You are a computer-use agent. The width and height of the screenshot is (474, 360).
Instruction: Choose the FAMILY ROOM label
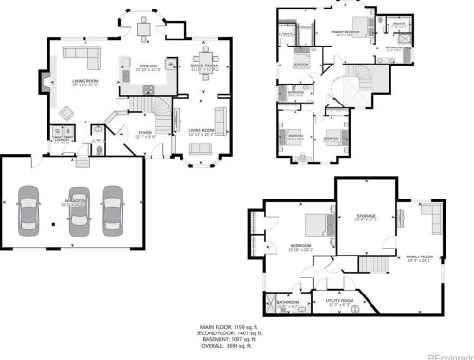418,257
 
